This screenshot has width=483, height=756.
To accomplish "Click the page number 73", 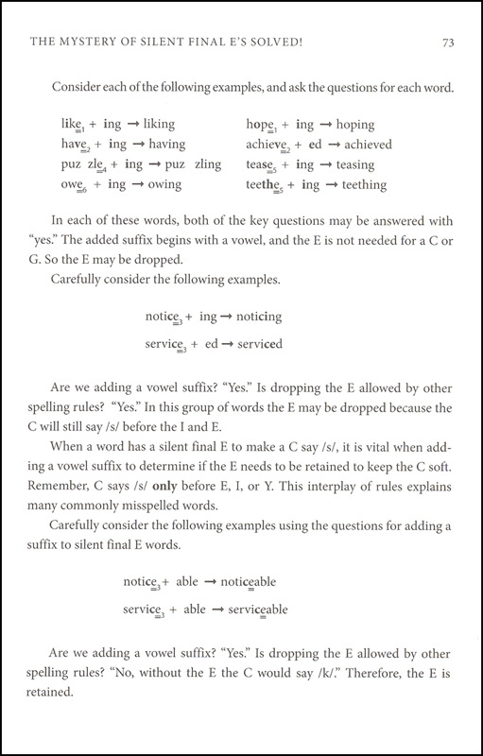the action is (437, 42).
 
